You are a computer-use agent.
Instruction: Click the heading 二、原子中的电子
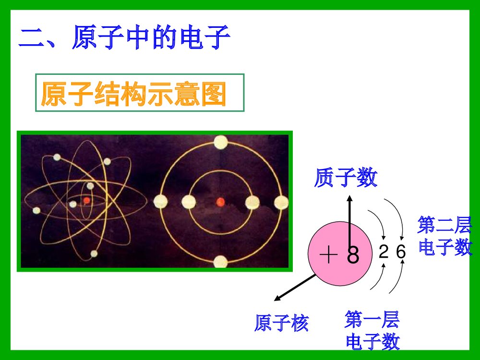tap(124, 39)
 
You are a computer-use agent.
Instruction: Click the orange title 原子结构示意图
tap(133, 94)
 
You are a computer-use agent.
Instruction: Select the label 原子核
tap(281, 323)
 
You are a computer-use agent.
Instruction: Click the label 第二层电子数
tap(445, 236)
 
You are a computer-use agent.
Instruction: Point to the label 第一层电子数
tap(372, 330)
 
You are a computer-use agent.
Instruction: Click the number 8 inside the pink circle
tap(353, 256)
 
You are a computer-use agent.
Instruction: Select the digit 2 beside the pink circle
tap(384, 252)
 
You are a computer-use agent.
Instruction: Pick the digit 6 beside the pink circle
tap(401, 252)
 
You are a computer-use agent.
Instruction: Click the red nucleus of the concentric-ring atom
tap(221, 202)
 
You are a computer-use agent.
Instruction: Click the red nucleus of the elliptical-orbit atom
tap(86, 200)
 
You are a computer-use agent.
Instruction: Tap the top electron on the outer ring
tap(221, 142)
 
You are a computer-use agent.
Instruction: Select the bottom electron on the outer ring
tap(220, 262)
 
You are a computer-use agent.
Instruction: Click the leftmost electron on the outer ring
tap(160, 202)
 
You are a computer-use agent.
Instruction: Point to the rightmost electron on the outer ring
tap(281, 203)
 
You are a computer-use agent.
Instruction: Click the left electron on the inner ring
tap(189, 202)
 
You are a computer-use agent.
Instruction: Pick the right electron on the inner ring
tap(252, 203)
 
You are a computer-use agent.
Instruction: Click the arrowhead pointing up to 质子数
tap(349, 198)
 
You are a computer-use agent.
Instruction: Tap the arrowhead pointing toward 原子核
tap(277, 299)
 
